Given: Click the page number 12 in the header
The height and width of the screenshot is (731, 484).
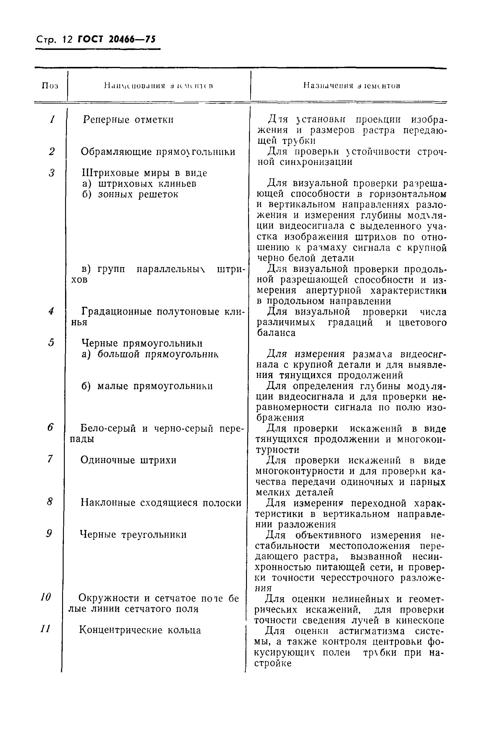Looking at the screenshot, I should click(67, 40).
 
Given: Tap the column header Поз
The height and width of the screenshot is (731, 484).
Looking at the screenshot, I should click(50, 86).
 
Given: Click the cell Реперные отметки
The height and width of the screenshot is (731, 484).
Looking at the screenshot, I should click(128, 120).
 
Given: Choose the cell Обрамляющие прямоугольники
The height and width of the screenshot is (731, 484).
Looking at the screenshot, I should click(158, 152).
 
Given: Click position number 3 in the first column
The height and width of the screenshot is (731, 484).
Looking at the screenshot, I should click(52, 173).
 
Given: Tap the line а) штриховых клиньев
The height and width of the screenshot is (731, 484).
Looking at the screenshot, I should click(139, 184).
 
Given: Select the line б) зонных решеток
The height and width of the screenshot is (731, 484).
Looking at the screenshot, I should click(130, 194).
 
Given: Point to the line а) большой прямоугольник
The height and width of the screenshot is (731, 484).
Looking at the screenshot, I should click(150, 354).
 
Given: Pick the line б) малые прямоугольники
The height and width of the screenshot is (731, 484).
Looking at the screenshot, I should click(147, 386).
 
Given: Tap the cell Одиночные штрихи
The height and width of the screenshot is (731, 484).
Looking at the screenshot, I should click(128, 460).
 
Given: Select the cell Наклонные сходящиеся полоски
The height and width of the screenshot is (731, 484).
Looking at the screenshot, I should click(161, 503).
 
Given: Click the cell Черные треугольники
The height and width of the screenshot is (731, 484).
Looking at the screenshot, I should click(133, 535).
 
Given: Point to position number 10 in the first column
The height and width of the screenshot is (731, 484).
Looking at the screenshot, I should click(46, 597).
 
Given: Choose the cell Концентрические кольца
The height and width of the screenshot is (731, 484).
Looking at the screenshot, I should click(140, 630).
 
